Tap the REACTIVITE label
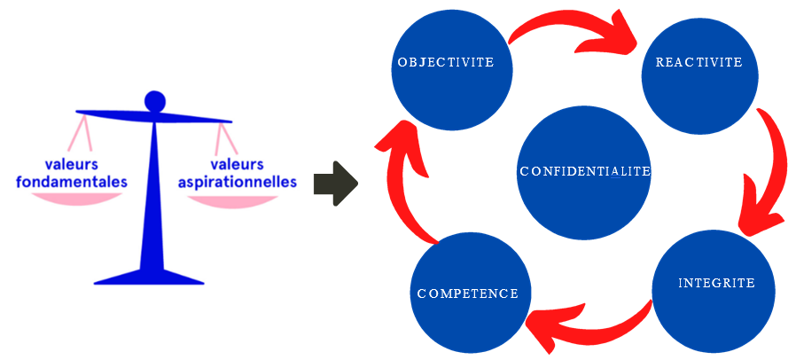pos(698,63)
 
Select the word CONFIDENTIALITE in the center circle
pos(584,171)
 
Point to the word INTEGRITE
pos(716,284)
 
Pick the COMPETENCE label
pos(467,293)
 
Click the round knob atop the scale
pos(155,101)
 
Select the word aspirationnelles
pos(238,183)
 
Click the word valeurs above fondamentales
pos(72,164)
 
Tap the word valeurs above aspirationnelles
pos(237,164)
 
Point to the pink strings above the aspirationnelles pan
pos(227,140)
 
